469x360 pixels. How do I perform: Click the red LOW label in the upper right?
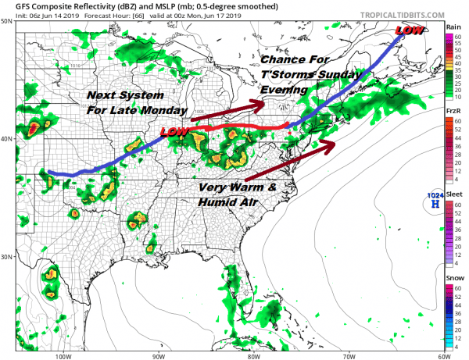410,31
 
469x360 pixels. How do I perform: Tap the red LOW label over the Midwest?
173,134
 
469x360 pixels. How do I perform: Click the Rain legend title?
453,26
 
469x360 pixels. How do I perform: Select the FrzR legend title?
453,111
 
